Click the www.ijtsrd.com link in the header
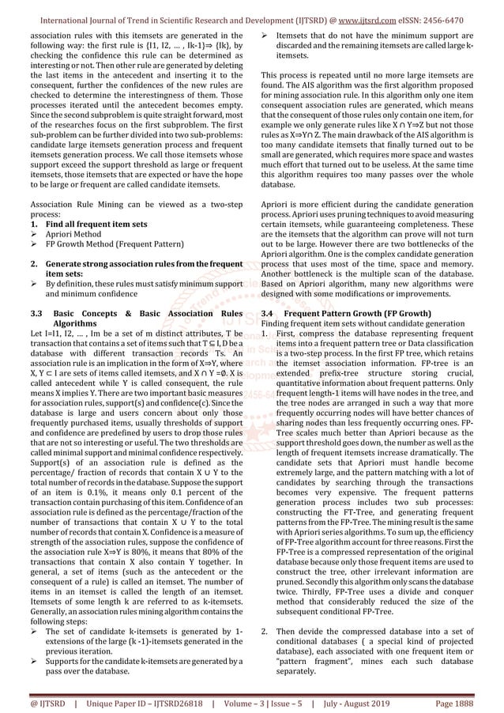pos(378,14)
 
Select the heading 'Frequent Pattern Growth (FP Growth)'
pos(355,313)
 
